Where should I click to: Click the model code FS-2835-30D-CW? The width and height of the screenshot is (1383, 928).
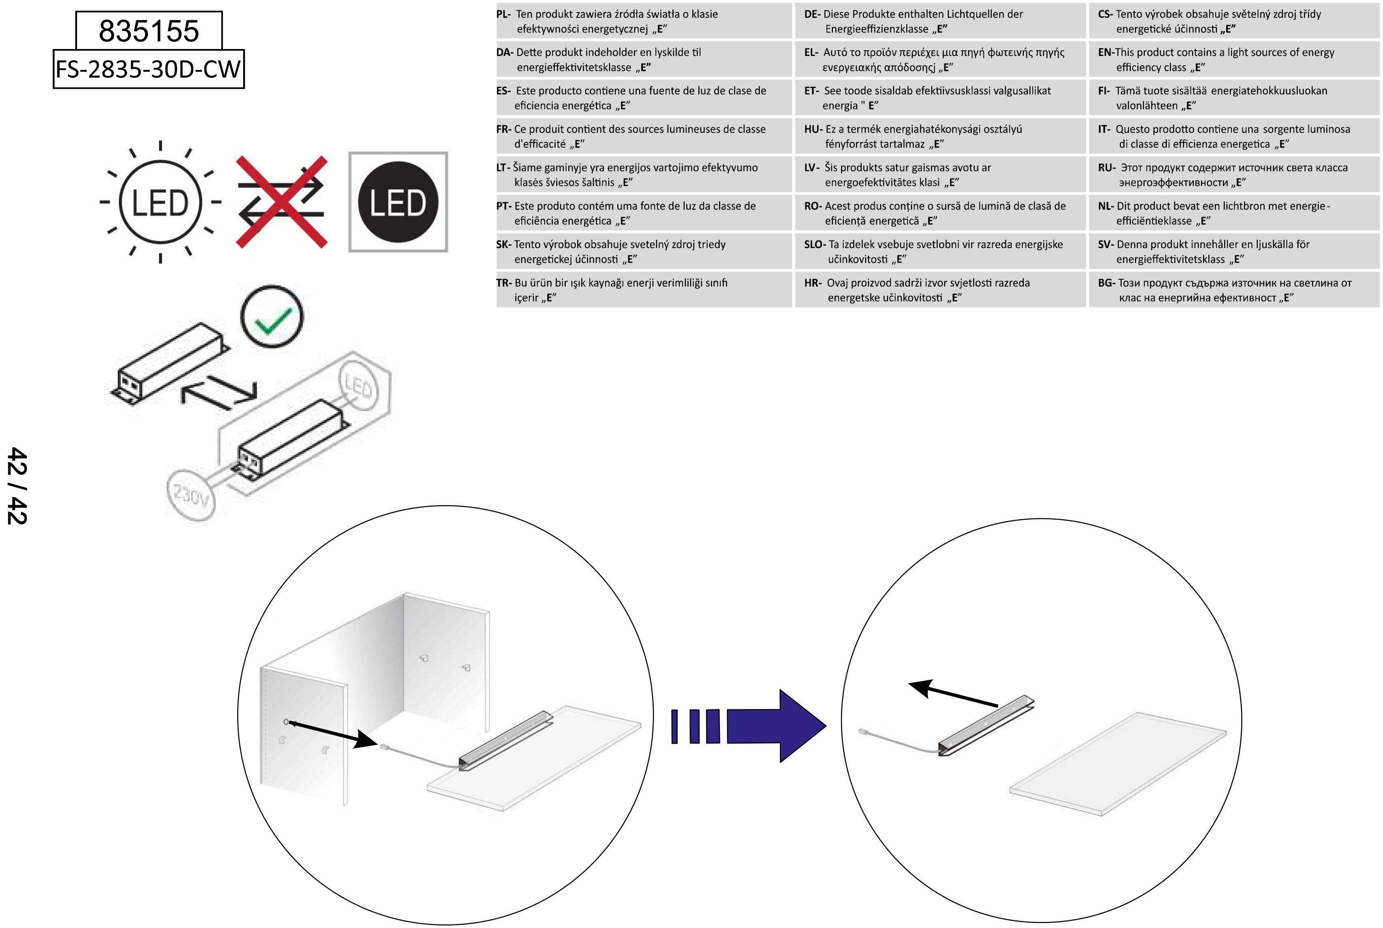148,69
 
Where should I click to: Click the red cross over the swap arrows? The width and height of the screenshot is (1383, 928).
282,202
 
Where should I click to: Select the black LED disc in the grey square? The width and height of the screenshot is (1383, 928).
398,202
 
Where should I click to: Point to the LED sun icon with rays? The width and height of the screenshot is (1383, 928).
160,202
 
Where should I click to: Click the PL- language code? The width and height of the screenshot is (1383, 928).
503,14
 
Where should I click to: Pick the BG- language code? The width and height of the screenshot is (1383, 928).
1106,283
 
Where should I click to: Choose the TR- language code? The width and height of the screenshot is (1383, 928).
503,283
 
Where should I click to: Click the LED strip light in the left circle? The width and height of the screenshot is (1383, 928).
506,740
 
